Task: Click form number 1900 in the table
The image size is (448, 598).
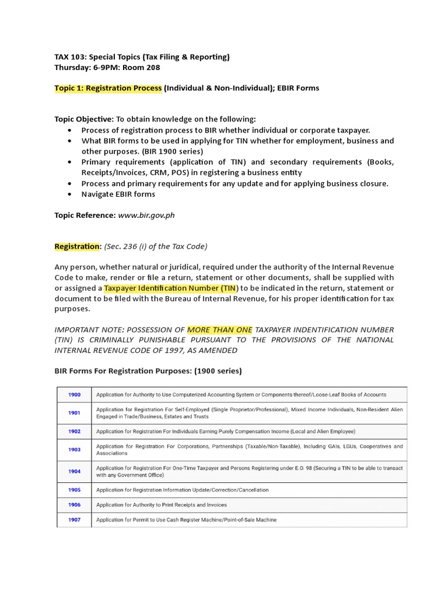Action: pos(73,395)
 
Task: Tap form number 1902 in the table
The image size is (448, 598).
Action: pos(73,432)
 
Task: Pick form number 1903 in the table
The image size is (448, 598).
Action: pos(73,450)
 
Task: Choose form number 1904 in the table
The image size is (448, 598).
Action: pos(73,471)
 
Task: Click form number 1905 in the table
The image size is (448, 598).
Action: pos(73,489)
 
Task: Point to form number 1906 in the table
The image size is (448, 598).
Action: pos(73,505)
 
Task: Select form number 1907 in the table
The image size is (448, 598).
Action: pos(73,520)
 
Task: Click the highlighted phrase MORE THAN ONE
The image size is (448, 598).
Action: pos(219,330)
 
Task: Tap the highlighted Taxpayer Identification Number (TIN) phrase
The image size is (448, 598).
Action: pos(171,288)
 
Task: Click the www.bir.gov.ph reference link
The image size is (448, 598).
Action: pos(146,215)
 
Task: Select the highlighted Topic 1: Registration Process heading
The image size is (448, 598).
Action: pos(108,88)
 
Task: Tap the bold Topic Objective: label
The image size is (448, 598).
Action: pos(84,119)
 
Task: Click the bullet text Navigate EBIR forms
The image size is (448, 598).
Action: pos(118,194)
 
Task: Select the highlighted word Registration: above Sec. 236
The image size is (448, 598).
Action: pos(78,246)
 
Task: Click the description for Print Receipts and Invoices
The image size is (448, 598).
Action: pos(162,505)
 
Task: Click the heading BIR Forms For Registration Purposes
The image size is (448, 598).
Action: pos(148,371)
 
